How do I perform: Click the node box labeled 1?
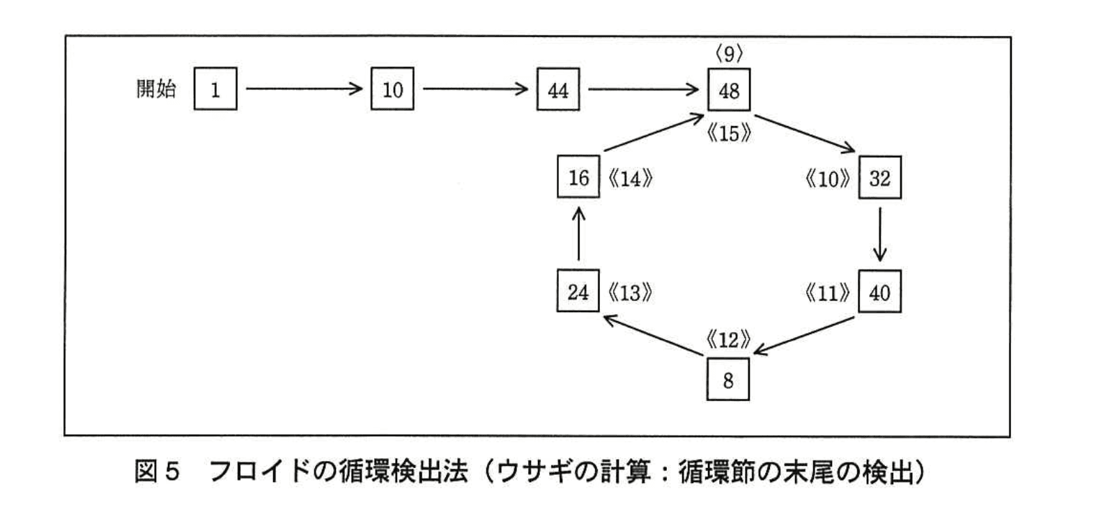tap(215, 89)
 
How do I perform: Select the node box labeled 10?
tap(392, 89)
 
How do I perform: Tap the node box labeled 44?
tap(557, 89)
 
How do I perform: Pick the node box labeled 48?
tap(729, 90)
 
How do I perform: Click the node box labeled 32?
tap(879, 178)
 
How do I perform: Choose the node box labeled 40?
tap(879, 292)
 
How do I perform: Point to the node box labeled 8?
tap(728, 380)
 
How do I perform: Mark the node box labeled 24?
tap(578, 291)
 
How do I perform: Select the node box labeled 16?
tap(578, 178)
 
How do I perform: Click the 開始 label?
tap(156, 88)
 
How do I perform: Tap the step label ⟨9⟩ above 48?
tap(729, 53)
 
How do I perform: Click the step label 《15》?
tap(729, 133)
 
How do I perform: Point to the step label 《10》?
tap(827, 179)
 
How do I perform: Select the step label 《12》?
tap(728, 340)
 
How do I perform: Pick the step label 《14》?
tap(630, 179)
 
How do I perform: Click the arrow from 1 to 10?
tap(304, 89)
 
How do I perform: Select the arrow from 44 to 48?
tap(643, 89)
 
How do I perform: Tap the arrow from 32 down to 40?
tap(880, 234)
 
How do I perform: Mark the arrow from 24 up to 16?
tap(578, 234)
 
